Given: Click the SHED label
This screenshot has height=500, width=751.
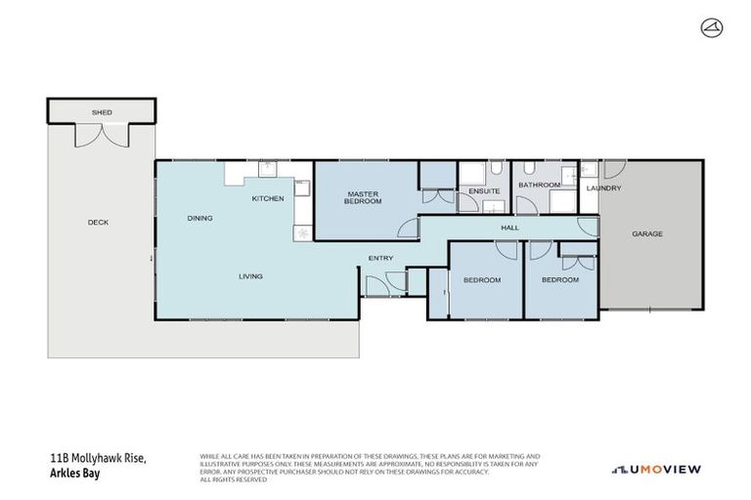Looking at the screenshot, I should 102,112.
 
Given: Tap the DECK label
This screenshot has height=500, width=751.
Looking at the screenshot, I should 98,222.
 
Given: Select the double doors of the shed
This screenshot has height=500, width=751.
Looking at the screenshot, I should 102,137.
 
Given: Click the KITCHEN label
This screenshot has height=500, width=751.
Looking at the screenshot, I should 268,198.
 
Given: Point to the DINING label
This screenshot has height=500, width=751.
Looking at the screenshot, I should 199,218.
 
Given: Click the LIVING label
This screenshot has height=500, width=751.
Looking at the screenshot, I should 250,276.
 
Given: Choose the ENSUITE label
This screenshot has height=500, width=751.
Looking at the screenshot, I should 484,190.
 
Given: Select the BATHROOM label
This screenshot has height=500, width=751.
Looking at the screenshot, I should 539,185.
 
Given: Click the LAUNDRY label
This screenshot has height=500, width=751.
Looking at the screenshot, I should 603,187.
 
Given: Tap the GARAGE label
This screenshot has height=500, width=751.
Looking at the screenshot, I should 647,233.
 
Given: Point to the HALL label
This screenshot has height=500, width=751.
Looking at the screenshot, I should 509,228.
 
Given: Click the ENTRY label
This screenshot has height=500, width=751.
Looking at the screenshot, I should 380,258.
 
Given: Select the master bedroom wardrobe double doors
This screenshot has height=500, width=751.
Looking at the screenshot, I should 438,196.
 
